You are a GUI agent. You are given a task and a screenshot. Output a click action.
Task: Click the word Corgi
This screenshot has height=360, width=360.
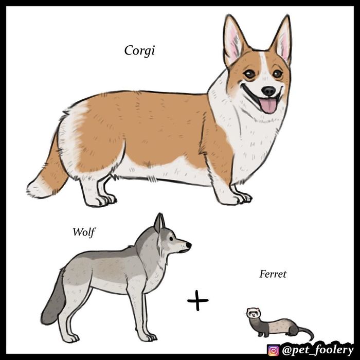tap(139, 51)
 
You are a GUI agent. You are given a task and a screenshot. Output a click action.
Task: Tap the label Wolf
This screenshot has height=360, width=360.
tap(84, 232)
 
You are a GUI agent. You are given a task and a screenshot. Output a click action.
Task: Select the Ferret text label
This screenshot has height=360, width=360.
tap(273, 274)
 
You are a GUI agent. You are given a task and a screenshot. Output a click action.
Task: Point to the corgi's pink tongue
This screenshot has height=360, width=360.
tap(268, 106)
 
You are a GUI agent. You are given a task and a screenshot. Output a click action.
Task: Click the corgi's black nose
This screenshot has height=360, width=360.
tap(268, 91)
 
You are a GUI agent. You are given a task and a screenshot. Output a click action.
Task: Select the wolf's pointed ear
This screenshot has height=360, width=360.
tap(160, 222)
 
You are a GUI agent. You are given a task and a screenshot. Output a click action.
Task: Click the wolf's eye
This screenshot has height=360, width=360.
tap(173, 240)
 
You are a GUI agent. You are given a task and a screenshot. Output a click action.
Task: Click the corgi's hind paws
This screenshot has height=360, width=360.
tap(103, 200)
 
